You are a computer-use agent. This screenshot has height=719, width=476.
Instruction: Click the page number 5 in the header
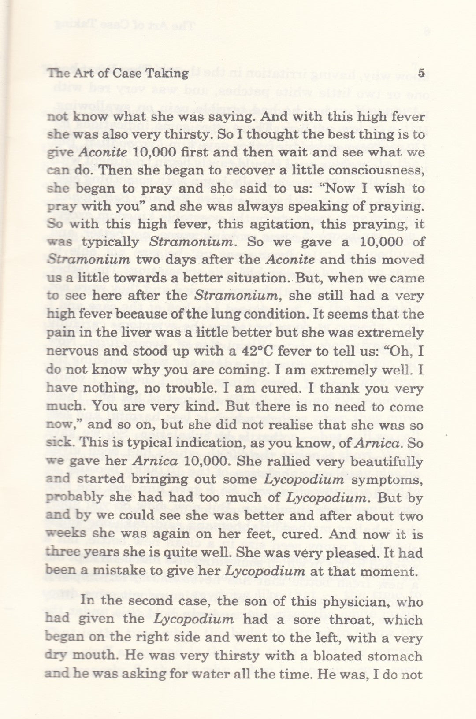[421, 73]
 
